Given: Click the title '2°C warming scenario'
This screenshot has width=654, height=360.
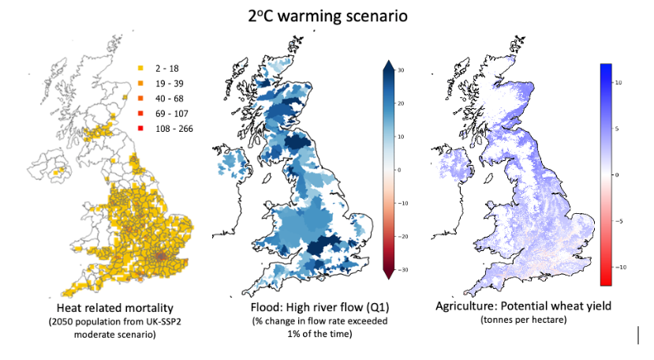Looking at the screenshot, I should [327, 15].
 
